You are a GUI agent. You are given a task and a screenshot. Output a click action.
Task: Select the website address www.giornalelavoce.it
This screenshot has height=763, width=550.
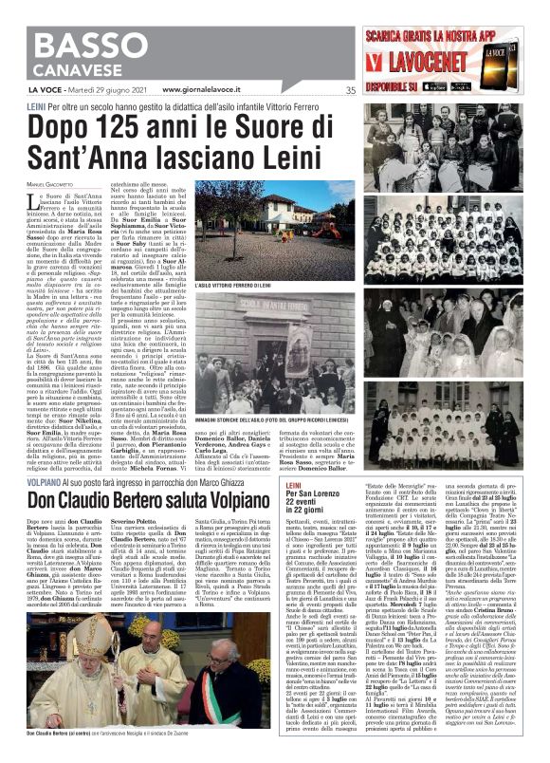pyautogui.click(x=188, y=90)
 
